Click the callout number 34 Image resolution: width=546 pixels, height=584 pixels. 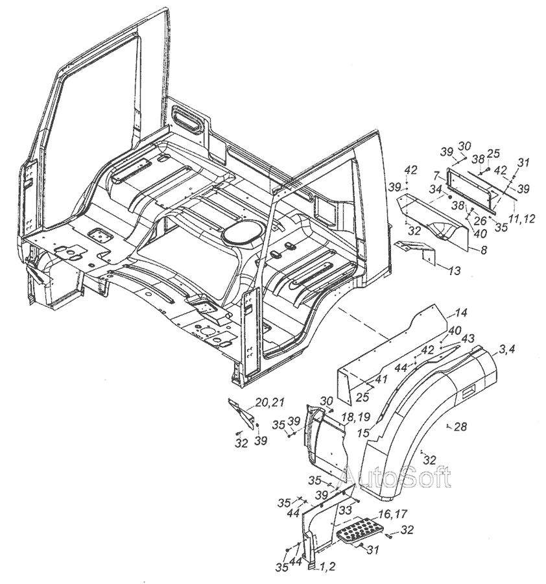[435, 189]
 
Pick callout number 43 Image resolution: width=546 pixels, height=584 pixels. [468, 338]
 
